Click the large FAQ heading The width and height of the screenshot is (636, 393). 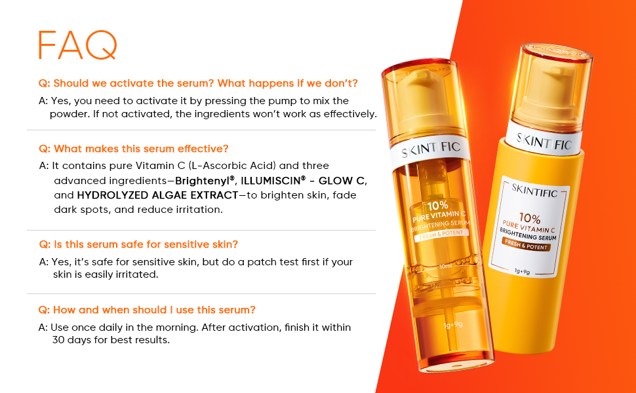(x=78, y=45)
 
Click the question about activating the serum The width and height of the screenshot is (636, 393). (x=199, y=83)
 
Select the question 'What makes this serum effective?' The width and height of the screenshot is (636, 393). (x=134, y=149)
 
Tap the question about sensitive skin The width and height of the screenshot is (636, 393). (x=138, y=244)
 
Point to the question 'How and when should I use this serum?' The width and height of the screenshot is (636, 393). (x=147, y=310)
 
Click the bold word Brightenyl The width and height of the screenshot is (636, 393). (x=205, y=181)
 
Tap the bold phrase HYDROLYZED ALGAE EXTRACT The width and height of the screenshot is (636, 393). (x=157, y=195)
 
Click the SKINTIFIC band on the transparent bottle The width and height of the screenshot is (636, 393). (x=431, y=148)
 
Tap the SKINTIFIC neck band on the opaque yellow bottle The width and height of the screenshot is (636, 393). (x=544, y=141)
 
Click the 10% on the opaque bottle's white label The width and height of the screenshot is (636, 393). (x=530, y=219)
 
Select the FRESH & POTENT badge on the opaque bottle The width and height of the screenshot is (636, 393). (x=526, y=244)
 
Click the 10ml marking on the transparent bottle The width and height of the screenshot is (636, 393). (x=445, y=266)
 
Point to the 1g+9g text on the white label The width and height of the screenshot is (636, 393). (x=522, y=271)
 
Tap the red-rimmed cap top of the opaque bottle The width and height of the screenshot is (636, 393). (x=557, y=52)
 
